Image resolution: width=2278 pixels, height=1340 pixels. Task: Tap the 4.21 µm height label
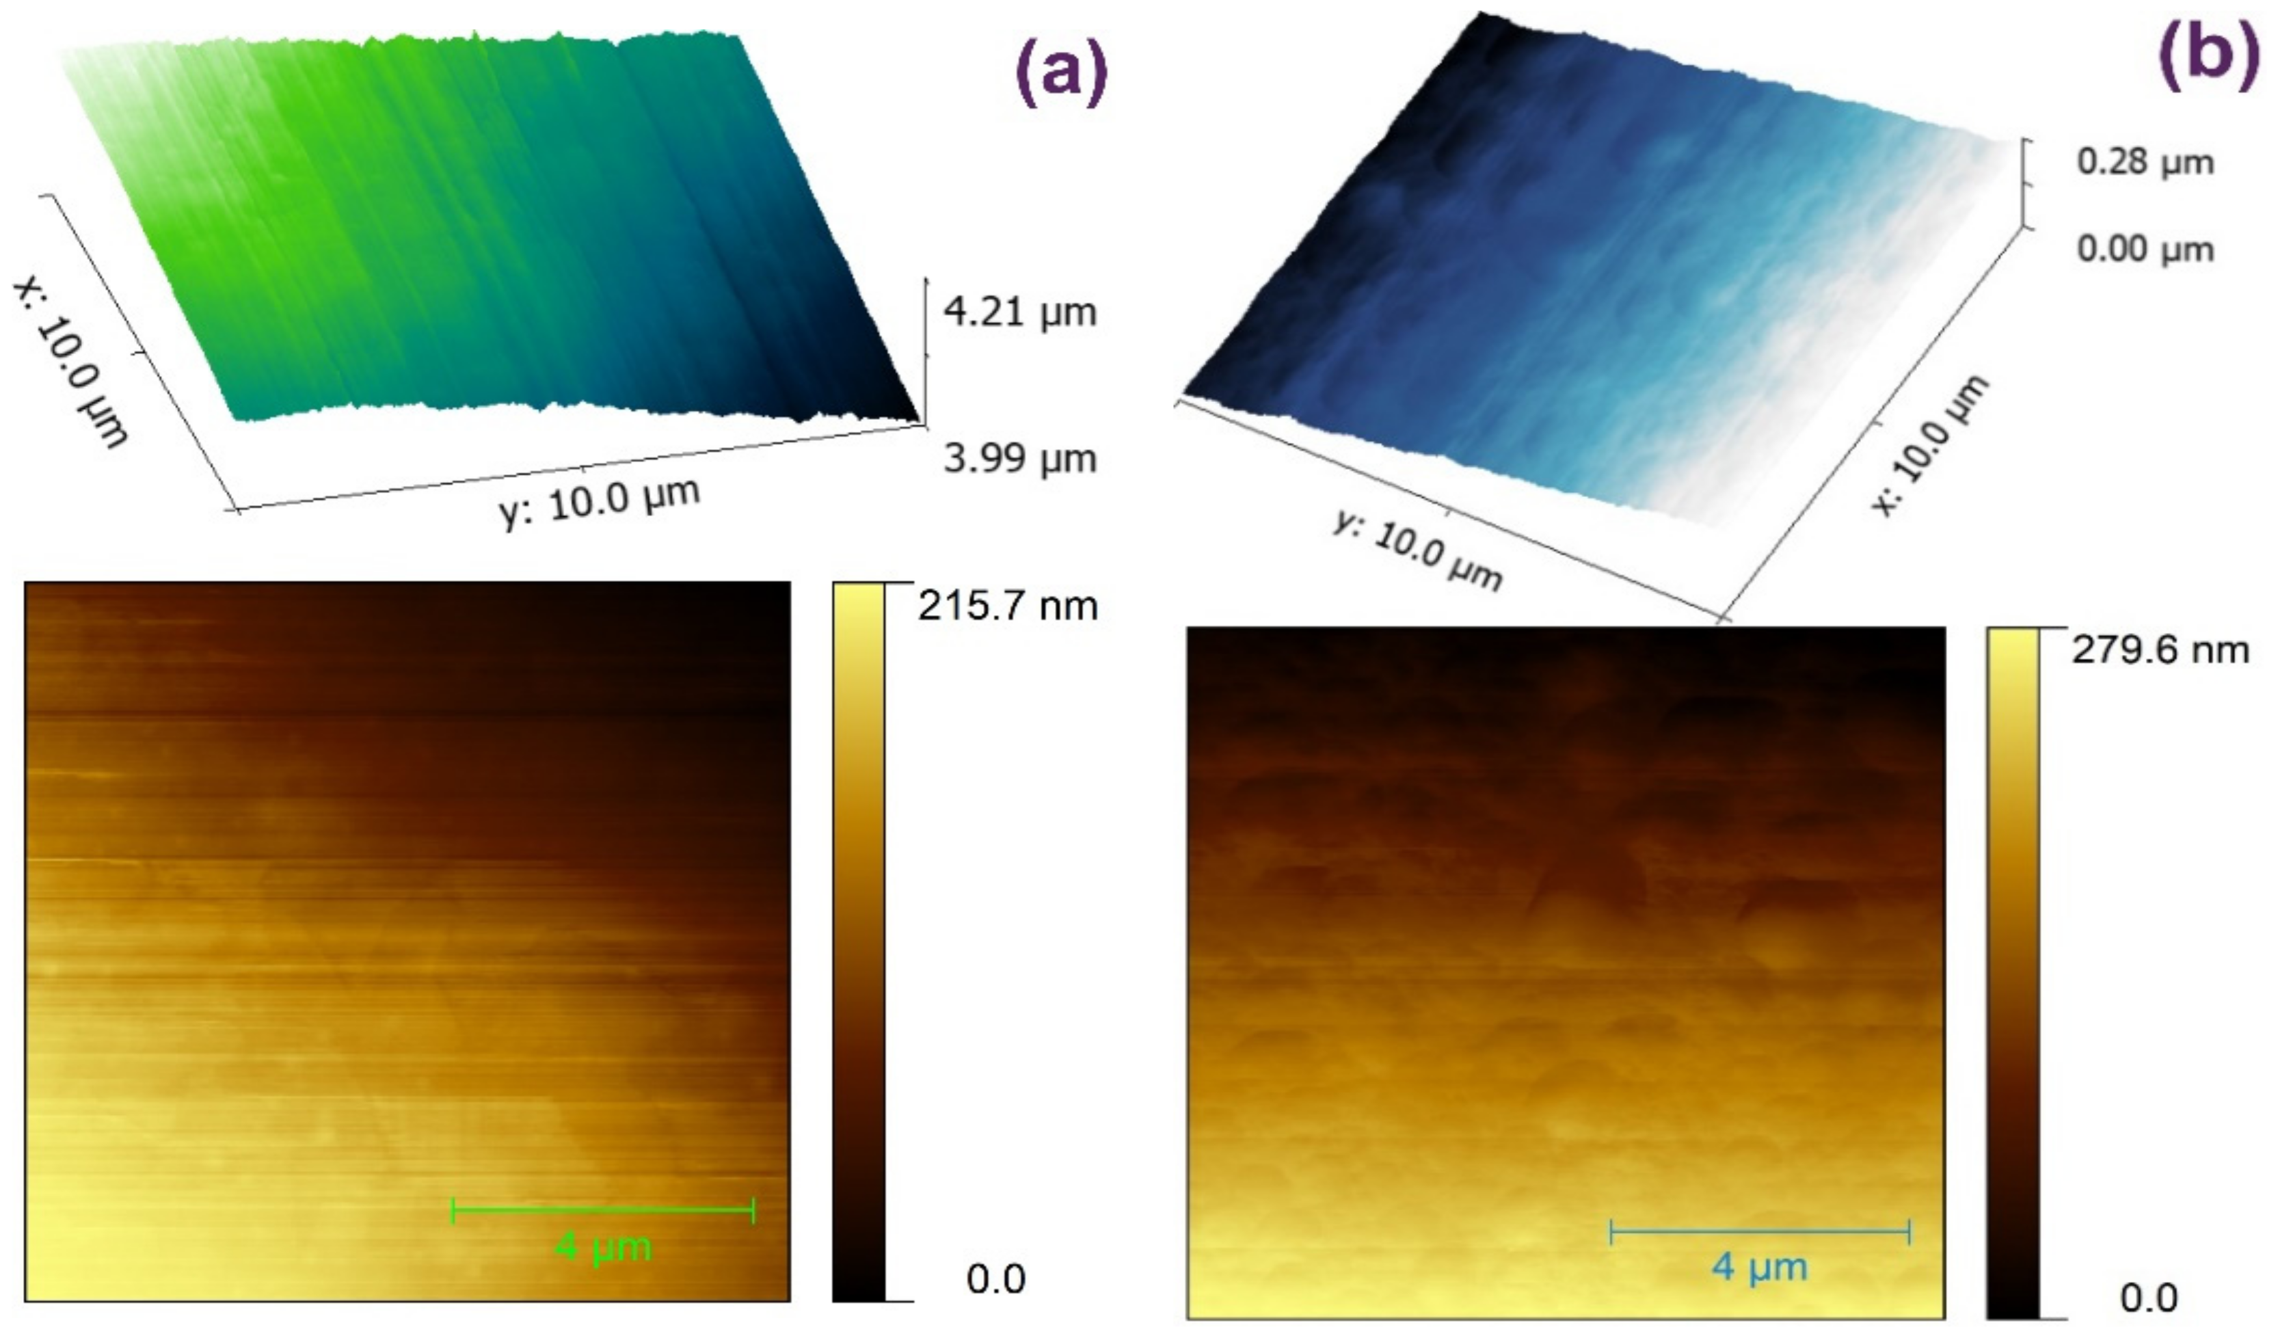tap(1019, 312)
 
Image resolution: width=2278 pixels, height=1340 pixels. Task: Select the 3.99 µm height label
tap(1019, 459)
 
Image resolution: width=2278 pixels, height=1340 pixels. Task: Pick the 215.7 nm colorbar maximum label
tap(1007, 606)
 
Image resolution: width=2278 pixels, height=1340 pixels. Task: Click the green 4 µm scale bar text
tap(603, 1248)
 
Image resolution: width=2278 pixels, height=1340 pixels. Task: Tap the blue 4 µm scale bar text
tap(1759, 1267)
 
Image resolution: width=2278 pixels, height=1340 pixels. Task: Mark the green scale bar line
tap(603, 1210)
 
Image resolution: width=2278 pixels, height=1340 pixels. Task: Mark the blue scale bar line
tap(1759, 1231)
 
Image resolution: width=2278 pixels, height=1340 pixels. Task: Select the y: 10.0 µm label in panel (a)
tap(600, 502)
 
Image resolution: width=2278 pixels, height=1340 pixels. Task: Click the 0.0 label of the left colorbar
tap(995, 1278)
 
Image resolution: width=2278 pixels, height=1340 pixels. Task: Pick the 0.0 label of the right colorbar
tap(2148, 1298)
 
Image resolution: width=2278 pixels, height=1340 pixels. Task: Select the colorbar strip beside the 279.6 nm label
tap(2012, 973)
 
